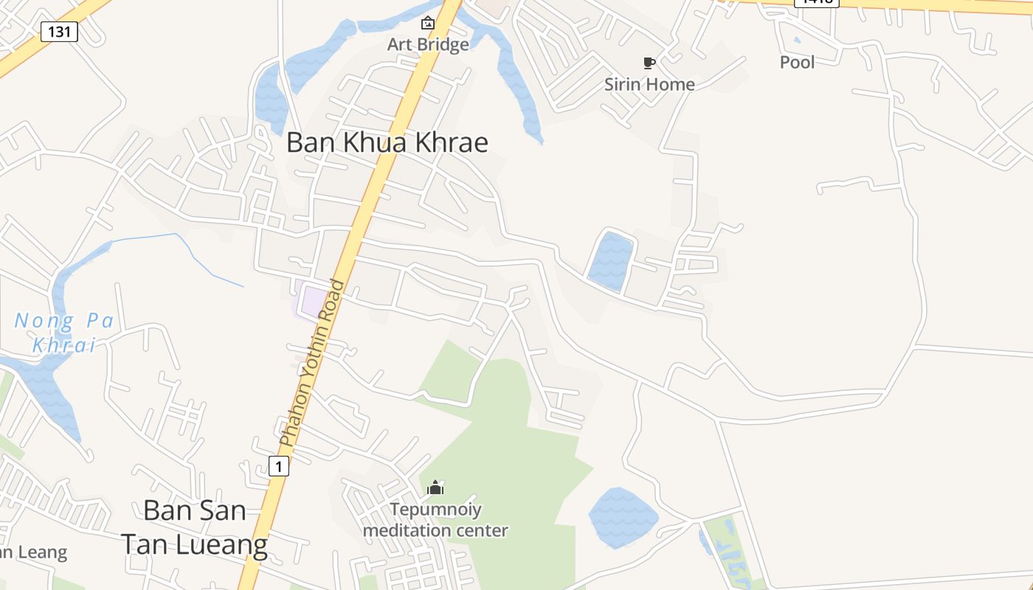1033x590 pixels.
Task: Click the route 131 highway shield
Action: pos(59,32)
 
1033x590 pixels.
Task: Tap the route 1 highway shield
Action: pos(277,466)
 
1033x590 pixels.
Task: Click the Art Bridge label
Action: pos(428,44)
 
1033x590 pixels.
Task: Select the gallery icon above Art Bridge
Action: pos(427,24)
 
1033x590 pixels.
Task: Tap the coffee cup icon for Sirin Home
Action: pos(649,63)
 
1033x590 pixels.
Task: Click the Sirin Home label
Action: pos(649,84)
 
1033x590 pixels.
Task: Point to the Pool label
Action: pos(798,62)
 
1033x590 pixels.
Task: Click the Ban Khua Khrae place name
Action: pos(387,142)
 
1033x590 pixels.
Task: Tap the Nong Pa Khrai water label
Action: pos(65,333)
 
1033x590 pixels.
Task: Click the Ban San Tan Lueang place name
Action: pos(195,527)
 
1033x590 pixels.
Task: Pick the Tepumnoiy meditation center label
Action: pos(435,520)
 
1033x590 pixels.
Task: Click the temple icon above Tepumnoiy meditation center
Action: pos(435,487)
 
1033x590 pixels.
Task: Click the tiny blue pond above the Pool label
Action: pos(797,41)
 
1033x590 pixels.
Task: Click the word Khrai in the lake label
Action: pos(65,344)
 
